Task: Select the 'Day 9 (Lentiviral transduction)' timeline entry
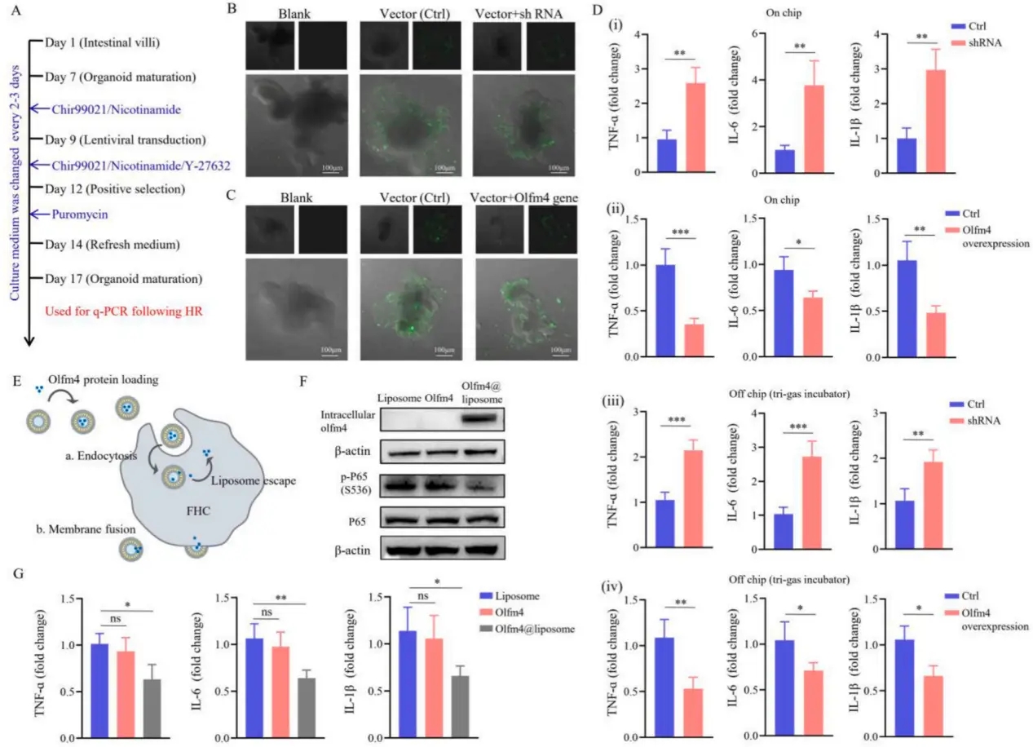[x=126, y=139]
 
